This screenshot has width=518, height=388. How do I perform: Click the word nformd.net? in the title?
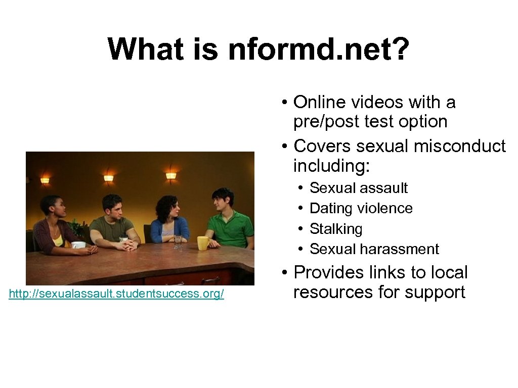(x=318, y=50)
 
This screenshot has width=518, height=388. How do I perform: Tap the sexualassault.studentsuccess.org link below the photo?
(x=116, y=294)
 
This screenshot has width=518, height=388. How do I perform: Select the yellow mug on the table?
(x=203, y=243)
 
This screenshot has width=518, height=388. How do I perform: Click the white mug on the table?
(x=78, y=245)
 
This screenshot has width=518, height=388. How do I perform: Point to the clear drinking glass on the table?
(x=178, y=242)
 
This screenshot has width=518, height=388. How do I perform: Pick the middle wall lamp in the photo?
(x=108, y=178)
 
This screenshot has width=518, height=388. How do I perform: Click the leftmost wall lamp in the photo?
(x=45, y=180)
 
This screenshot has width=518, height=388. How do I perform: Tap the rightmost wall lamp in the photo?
(x=171, y=176)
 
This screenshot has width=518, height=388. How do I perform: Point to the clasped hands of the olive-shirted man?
(x=130, y=245)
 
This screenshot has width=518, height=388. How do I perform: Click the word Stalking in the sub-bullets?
(x=336, y=229)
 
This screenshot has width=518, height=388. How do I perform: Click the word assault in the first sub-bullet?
(x=384, y=188)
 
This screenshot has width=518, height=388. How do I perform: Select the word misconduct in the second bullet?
(x=459, y=146)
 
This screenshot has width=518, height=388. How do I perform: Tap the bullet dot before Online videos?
(x=286, y=103)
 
